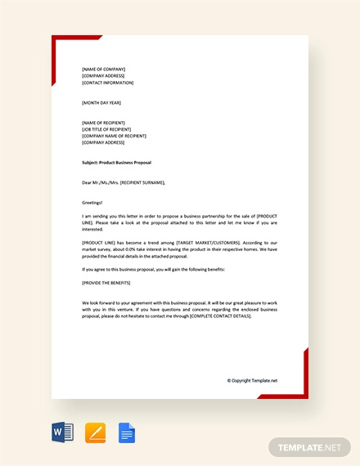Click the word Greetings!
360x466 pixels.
click(x=92, y=202)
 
